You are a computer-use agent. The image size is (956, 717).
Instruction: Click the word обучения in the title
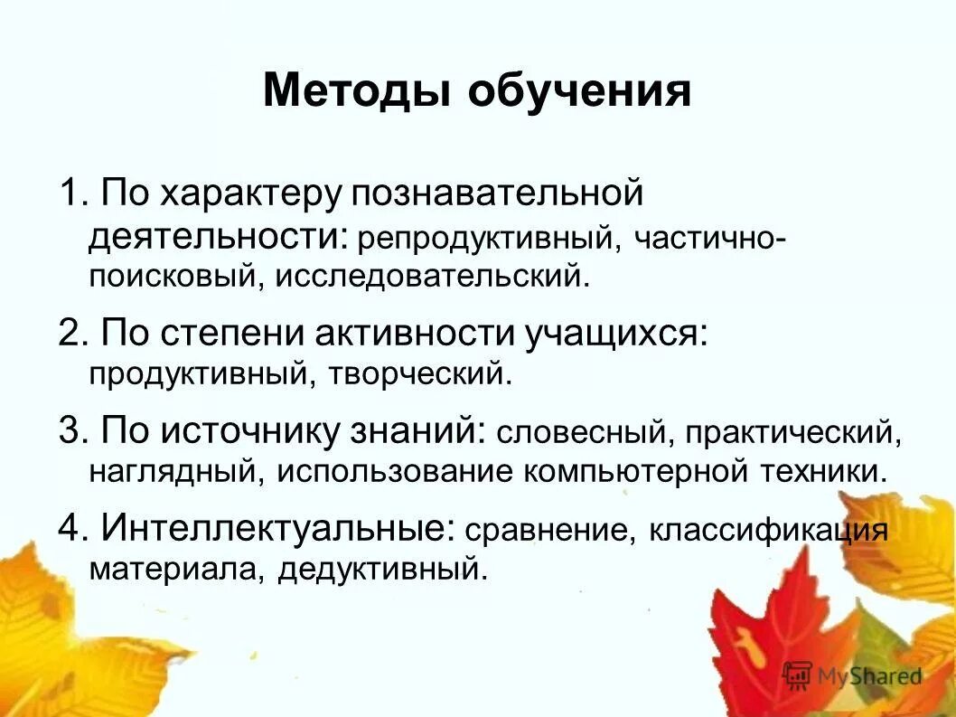[x=579, y=93]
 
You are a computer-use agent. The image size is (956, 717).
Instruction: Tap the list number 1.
[x=70, y=193]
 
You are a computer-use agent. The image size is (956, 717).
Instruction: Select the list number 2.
[x=70, y=334]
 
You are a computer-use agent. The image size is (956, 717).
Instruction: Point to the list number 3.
[x=70, y=430]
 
